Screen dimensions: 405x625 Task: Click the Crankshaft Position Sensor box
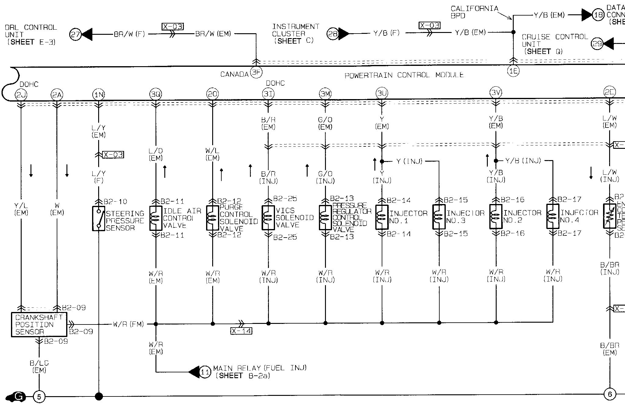(39, 324)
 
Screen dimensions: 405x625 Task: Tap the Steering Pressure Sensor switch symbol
(98, 218)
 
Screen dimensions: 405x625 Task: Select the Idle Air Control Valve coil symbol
(155, 218)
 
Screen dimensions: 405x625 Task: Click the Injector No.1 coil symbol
(382, 217)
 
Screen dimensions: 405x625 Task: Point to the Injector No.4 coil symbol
(552, 216)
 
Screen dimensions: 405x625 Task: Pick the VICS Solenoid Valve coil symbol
(268, 217)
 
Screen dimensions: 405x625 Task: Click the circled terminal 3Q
(155, 94)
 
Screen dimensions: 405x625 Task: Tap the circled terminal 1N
(98, 95)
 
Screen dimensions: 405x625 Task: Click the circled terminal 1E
(513, 71)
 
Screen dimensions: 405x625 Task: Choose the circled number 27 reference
(75, 34)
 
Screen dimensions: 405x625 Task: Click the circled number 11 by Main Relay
(205, 372)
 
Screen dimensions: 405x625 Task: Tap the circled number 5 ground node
(39, 397)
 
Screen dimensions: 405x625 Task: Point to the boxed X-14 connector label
(241, 331)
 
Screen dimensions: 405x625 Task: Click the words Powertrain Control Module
(404, 75)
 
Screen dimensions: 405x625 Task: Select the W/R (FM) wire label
(128, 324)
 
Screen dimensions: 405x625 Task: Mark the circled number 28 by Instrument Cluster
(333, 34)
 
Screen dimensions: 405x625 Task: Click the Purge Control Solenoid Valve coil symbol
(212, 218)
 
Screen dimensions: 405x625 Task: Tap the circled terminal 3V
(495, 92)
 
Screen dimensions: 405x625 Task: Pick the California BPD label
(474, 12)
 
